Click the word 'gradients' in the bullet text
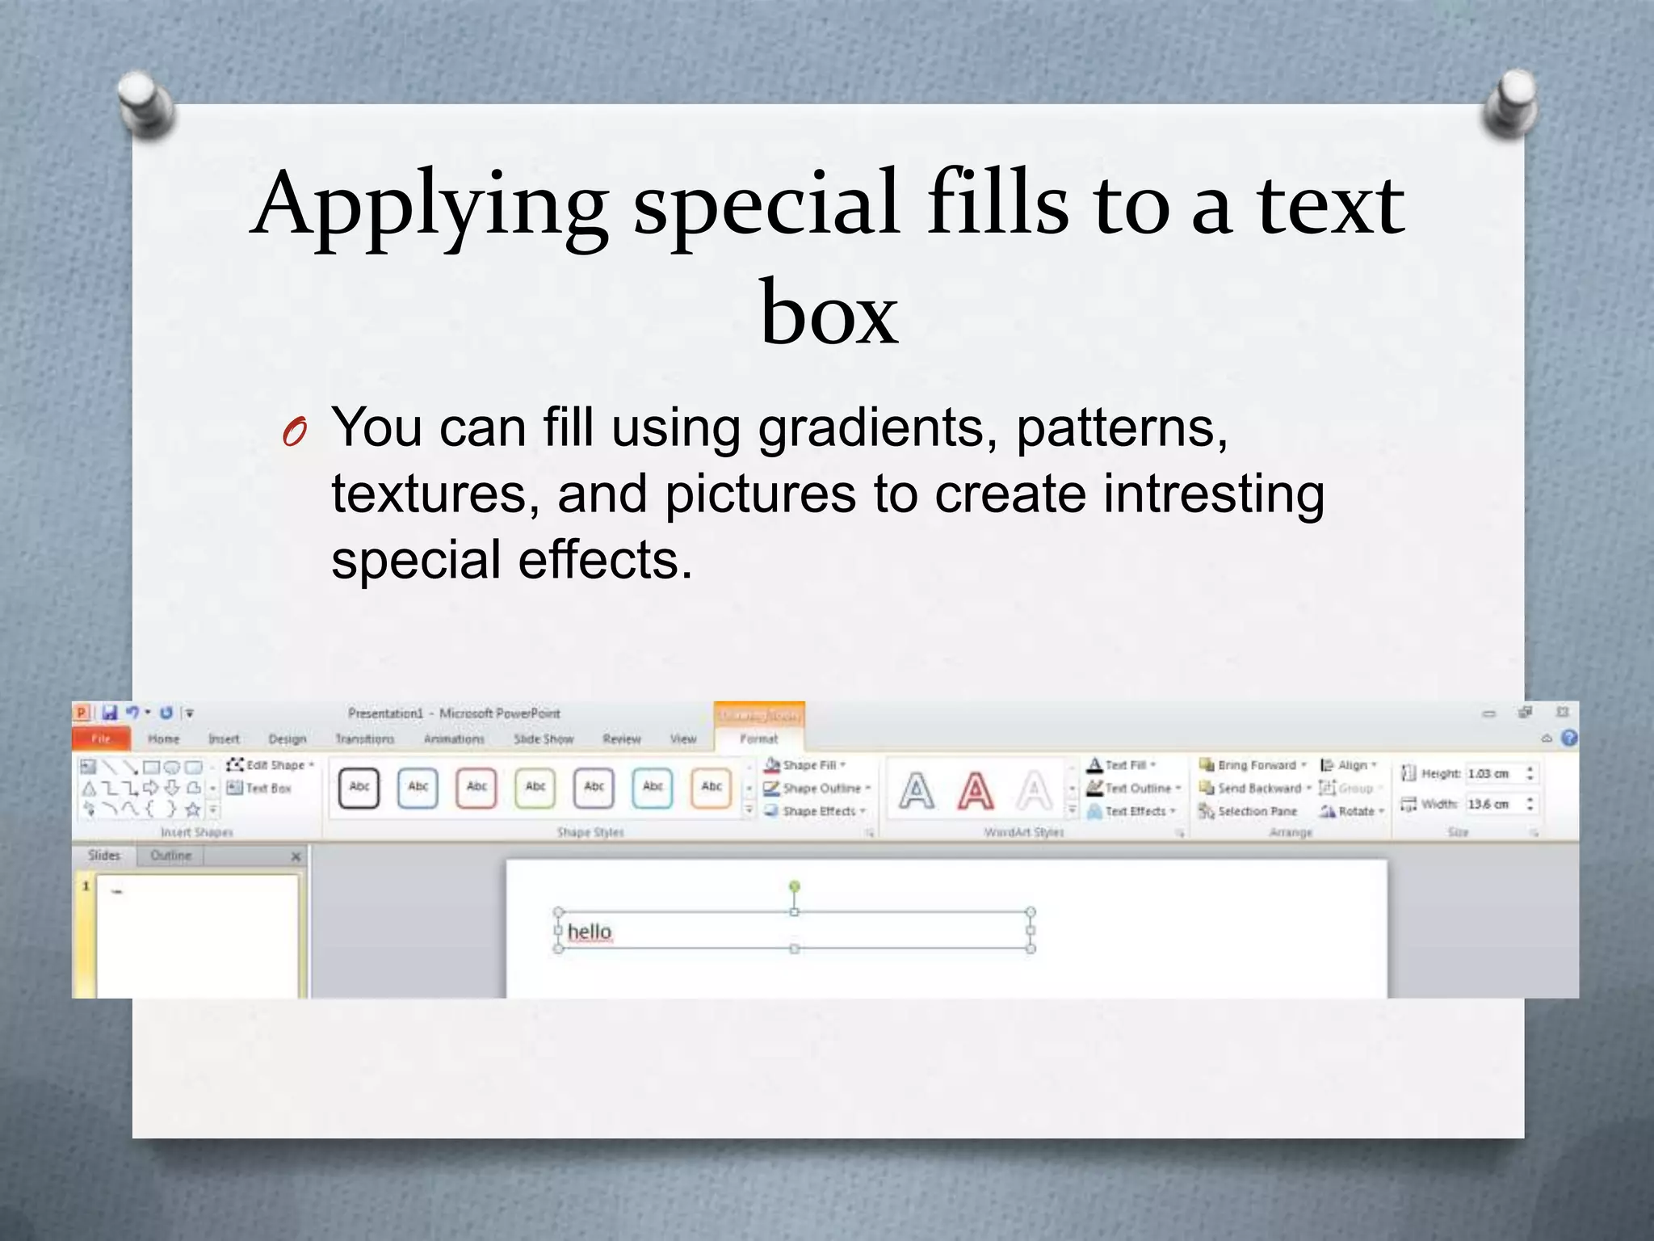tap(871, 428)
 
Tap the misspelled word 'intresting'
tap(1214, 494)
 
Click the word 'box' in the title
tap(829, 312)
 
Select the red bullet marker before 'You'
tap(294, 433)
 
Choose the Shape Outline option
tap(817, 788)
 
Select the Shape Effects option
tap(815, 811)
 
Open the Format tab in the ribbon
tap(758, 738)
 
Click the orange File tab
tap(101, 738)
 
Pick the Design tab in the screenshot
tap(288, 738)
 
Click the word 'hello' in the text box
tap(590, 932)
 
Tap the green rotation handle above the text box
tap(795, 887)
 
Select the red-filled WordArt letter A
tap(976, 790)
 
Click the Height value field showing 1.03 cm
tap(1492, 773)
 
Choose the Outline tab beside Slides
tap(171, 856)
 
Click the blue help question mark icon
tap(1569, 738)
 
